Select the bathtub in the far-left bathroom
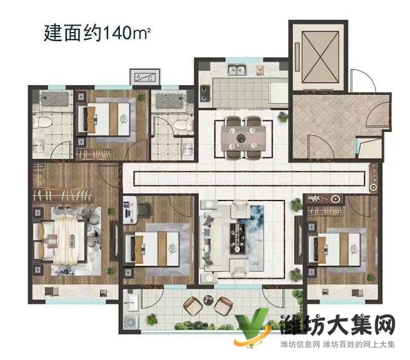pyautogui.click(x=53, y=99)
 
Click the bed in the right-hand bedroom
pyautogui.click(x=333, y=247)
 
